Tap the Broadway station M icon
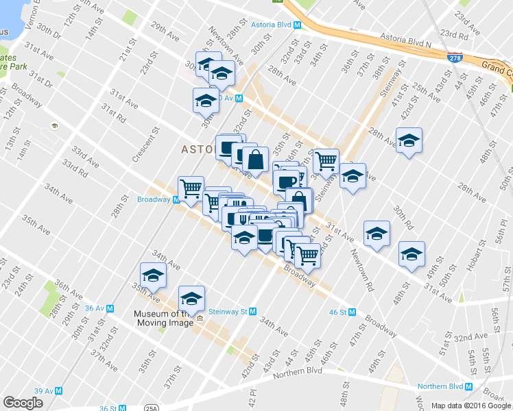coord(176,200)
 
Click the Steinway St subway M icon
coord(253,311)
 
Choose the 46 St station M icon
coord(352,312)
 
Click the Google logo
coord(23,403)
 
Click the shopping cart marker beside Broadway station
coord(191,187)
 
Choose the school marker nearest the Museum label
coord(192,299)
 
